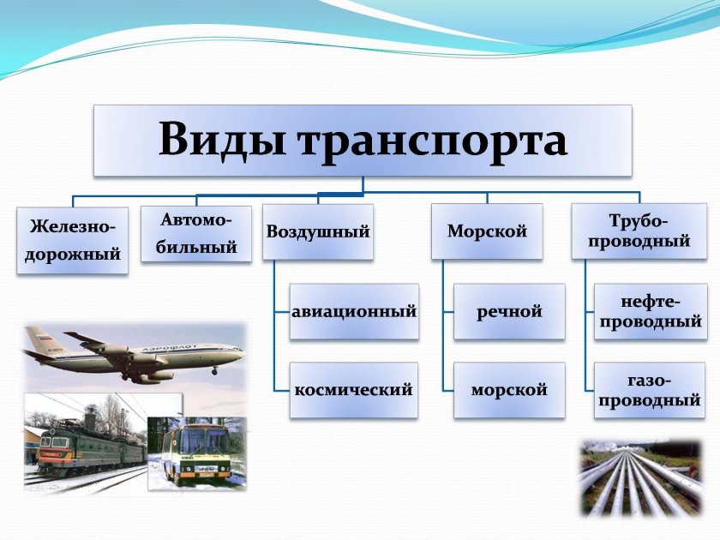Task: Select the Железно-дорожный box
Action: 72,241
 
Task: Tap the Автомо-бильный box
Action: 196,234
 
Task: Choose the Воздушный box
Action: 318,231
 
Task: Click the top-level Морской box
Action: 487,231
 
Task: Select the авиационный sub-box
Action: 353,311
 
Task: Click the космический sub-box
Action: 353,390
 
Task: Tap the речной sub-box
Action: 509,311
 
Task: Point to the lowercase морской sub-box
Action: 509,390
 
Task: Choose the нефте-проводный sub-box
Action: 650,311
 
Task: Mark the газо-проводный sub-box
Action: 650,390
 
